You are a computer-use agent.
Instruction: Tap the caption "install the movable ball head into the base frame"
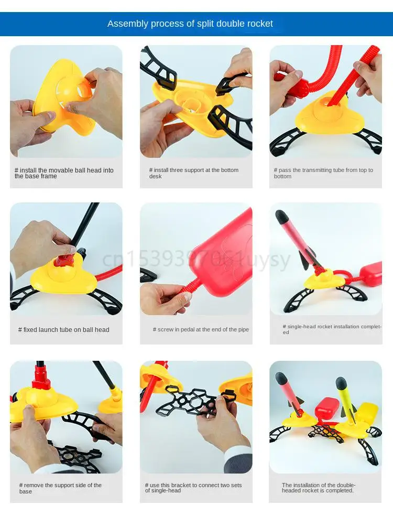(x=64, y=173)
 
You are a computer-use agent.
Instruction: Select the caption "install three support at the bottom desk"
(x=194, y=173)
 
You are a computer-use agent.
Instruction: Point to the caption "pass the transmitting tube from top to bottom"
(x=323, y=173)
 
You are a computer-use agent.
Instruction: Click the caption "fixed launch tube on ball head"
(x=63, y=330)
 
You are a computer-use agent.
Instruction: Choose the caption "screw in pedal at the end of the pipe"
(x=201, y=329)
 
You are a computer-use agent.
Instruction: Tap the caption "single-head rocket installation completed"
(x=332, y=329)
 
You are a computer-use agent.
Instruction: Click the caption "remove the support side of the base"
(x=60, y=488)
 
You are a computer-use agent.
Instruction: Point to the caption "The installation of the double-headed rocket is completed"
(x=319, y=488)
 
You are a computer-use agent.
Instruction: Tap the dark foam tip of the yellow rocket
(x=341, y=382)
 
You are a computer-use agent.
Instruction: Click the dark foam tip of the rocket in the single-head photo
(x=281, y=216)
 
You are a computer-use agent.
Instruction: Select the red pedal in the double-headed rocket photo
(x=326, y=410)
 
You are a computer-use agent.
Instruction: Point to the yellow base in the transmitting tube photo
(x=330, y=114)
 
